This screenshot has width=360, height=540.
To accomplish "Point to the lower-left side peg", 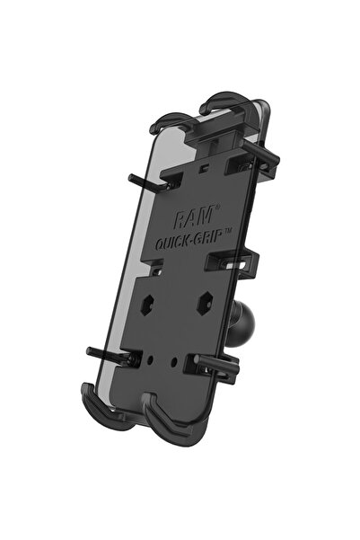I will pyautogui.click(x=105, y=353).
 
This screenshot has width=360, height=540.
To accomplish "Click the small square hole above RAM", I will pyautogui.click(x=206, y=167).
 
